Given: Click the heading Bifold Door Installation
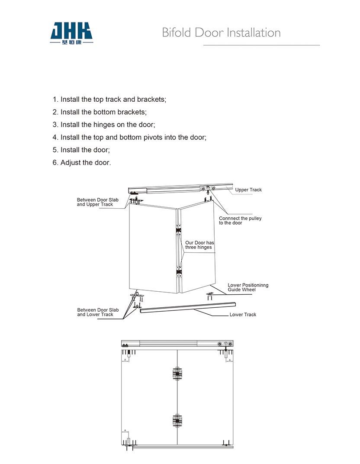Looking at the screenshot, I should [x=221, y=32].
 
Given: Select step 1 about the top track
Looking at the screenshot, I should [x=109, y=100].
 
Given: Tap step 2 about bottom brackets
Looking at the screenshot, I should [x=100, y=112].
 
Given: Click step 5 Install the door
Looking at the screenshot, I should [x=81, y=150].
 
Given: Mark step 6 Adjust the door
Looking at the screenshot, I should [x=82, y=163].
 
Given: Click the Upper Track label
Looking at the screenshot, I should [x=248, y=190].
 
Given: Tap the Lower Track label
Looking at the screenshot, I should [x=243, y=315].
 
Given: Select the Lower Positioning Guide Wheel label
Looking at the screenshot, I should [x=248, y=287].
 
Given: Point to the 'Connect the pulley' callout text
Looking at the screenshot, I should [x=240, y=221].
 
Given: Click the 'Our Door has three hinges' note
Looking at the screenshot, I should [x=199, y=245].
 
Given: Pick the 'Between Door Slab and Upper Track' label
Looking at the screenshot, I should [x=97, y=202].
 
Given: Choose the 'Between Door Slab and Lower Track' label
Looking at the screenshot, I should [x=98, y=312].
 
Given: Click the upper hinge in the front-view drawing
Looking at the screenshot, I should [x=177, y=374].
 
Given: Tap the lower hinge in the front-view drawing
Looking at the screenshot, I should [x=177, y=420].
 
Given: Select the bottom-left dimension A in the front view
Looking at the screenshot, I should [x=125, y=431].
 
